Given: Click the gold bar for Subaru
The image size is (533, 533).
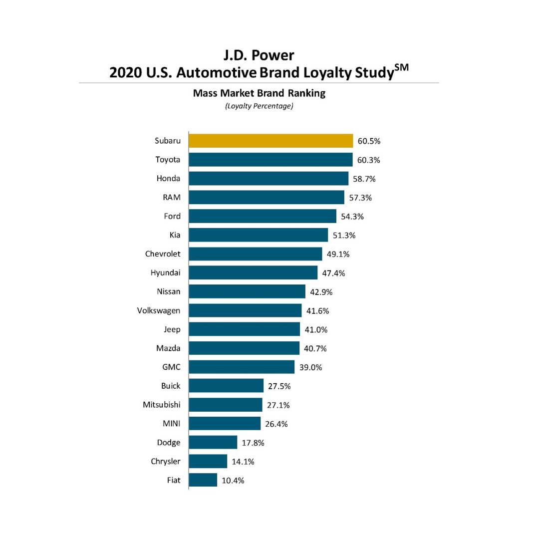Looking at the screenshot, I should click(x=270, y=141).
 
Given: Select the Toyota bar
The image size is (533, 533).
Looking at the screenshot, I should click(x=270, y=160).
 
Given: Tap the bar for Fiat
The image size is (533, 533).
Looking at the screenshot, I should click(x=203, y=480).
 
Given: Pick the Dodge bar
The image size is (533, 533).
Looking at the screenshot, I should click(x=213, y=442).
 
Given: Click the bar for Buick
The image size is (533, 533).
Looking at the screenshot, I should click(x=226, y=386).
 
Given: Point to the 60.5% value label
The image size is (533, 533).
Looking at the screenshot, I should click(x=369, y=141).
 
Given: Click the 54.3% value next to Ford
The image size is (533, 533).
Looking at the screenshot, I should click(x=352, y=217).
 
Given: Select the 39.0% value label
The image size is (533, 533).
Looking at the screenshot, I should click(x=310, y=367).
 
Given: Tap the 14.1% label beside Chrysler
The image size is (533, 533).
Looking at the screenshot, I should click(x=243, y=462).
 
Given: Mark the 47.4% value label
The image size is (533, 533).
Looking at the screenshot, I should click(x=333, y=273).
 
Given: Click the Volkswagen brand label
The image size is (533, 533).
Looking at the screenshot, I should click(x=159, y=310).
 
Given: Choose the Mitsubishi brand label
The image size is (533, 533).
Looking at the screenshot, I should click(x=162, y=404).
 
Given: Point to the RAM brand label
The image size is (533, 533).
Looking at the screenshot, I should click(x=171, y=197).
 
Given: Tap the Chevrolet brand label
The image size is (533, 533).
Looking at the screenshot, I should click(x=163, y=254).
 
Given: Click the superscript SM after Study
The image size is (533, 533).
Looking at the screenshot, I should click(x=400, y=67).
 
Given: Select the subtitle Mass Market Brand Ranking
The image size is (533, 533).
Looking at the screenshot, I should click(x=259, y=93).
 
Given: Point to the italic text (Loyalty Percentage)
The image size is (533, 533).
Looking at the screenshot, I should click(x=259, y=106).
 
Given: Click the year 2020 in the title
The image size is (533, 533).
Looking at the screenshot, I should click(x=126, y=72).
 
